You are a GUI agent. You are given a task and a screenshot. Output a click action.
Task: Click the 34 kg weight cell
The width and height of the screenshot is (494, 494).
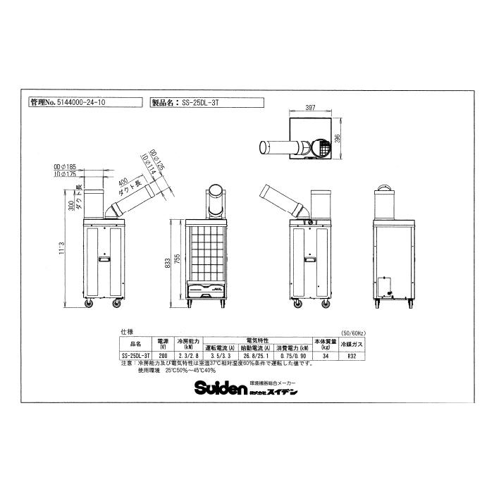pos(326,356)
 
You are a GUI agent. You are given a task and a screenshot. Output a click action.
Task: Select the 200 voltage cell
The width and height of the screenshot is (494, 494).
pos(163,356)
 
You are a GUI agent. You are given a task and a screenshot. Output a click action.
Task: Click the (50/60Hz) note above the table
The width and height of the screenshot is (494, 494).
pos(352,331)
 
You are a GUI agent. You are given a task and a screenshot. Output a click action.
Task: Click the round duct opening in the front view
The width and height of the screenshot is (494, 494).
pos(216,192)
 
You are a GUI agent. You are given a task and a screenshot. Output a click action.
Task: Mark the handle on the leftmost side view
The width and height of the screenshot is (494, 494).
pos(104,261)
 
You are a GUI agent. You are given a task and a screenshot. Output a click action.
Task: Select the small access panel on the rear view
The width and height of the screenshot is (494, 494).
pos(384,285)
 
